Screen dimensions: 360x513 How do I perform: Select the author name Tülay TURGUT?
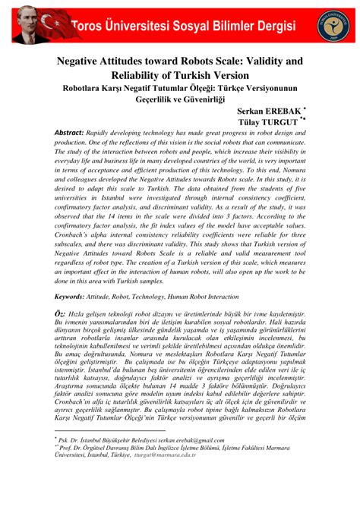[x=270, y=125]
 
